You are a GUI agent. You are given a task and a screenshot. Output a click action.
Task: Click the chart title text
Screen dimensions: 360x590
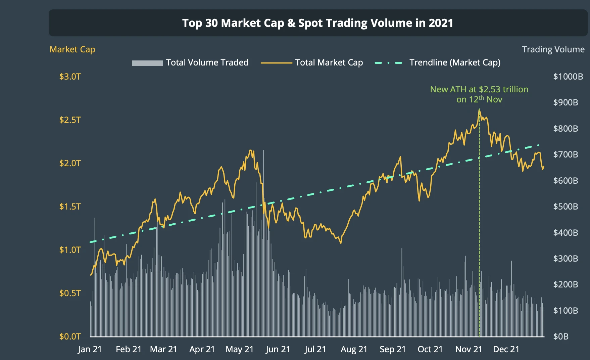(x=317, y=23)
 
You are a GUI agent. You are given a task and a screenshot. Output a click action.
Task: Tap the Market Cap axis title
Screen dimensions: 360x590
(x=72, y=49)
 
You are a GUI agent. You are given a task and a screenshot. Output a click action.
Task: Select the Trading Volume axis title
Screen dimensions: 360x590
(x=553, y=49)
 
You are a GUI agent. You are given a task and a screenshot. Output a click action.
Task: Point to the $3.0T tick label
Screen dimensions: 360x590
(x=70, y=77)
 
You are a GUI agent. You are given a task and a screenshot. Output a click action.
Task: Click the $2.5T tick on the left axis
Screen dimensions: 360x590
(x=70, y=120)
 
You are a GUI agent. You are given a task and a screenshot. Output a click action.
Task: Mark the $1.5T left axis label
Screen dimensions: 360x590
(x=70, y=207)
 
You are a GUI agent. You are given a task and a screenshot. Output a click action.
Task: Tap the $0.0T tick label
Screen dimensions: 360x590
(x=70, y=336)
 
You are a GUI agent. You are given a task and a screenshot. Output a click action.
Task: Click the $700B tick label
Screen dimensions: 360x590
(x=566, y=154)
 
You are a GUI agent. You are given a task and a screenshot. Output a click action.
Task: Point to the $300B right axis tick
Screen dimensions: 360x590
(x=566, y=259)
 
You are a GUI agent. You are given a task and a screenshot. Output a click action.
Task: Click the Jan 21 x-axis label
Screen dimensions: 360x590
(x=90, y=349)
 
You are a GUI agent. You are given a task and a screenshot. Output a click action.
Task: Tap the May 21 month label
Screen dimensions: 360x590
(x=240, y=349)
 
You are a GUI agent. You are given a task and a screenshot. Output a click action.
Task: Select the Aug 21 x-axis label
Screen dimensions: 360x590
(x=354, y=349)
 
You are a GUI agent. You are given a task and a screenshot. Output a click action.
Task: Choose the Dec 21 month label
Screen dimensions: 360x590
(x=506, y=349)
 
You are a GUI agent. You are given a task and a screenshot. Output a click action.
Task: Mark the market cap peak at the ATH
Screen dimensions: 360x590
(x=479, y=110)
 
